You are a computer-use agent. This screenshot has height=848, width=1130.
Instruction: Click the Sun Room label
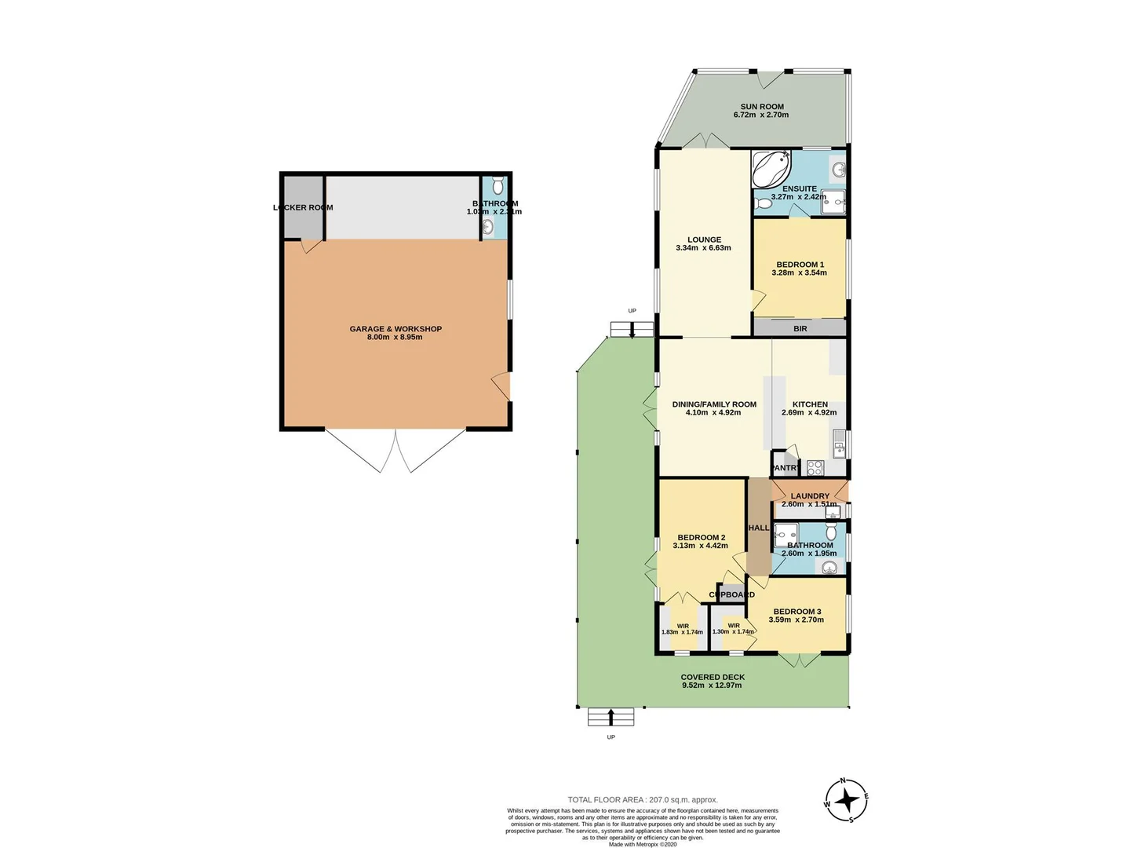click(762, 107)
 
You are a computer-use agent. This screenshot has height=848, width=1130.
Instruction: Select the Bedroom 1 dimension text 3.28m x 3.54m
click(800, 273)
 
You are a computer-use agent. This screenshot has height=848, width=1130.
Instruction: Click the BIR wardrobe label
click(800, 329)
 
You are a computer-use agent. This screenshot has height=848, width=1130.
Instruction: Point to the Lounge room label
click(704, 240)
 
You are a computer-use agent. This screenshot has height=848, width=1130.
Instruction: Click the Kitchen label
click(810, 404)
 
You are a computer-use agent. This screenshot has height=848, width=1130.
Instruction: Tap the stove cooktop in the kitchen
click(815, 468)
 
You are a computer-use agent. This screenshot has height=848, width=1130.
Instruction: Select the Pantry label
click(786, 468)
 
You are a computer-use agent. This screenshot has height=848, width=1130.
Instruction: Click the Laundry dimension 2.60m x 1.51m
click(809, 504)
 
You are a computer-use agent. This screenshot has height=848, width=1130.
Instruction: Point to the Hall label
click(759, 528)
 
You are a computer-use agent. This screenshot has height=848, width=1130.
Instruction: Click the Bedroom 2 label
click(701, 538)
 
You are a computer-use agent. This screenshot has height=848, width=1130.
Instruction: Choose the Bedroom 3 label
click(796, 612)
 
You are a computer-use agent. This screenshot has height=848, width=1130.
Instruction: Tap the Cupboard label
click(732, 595)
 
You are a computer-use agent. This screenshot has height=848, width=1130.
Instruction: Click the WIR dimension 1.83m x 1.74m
click(682, 632)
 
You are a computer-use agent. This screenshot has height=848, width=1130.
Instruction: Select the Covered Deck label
click(713, 677)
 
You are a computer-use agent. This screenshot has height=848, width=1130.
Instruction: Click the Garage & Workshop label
click(395, 329)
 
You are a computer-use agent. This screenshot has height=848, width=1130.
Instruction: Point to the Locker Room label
click(303, 208)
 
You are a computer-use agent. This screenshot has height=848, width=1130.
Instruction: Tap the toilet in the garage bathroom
click(497, 187)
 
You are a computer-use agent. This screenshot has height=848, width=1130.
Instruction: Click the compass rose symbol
click(847, 801)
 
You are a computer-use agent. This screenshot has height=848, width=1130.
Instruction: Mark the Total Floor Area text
click(643, 800)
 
